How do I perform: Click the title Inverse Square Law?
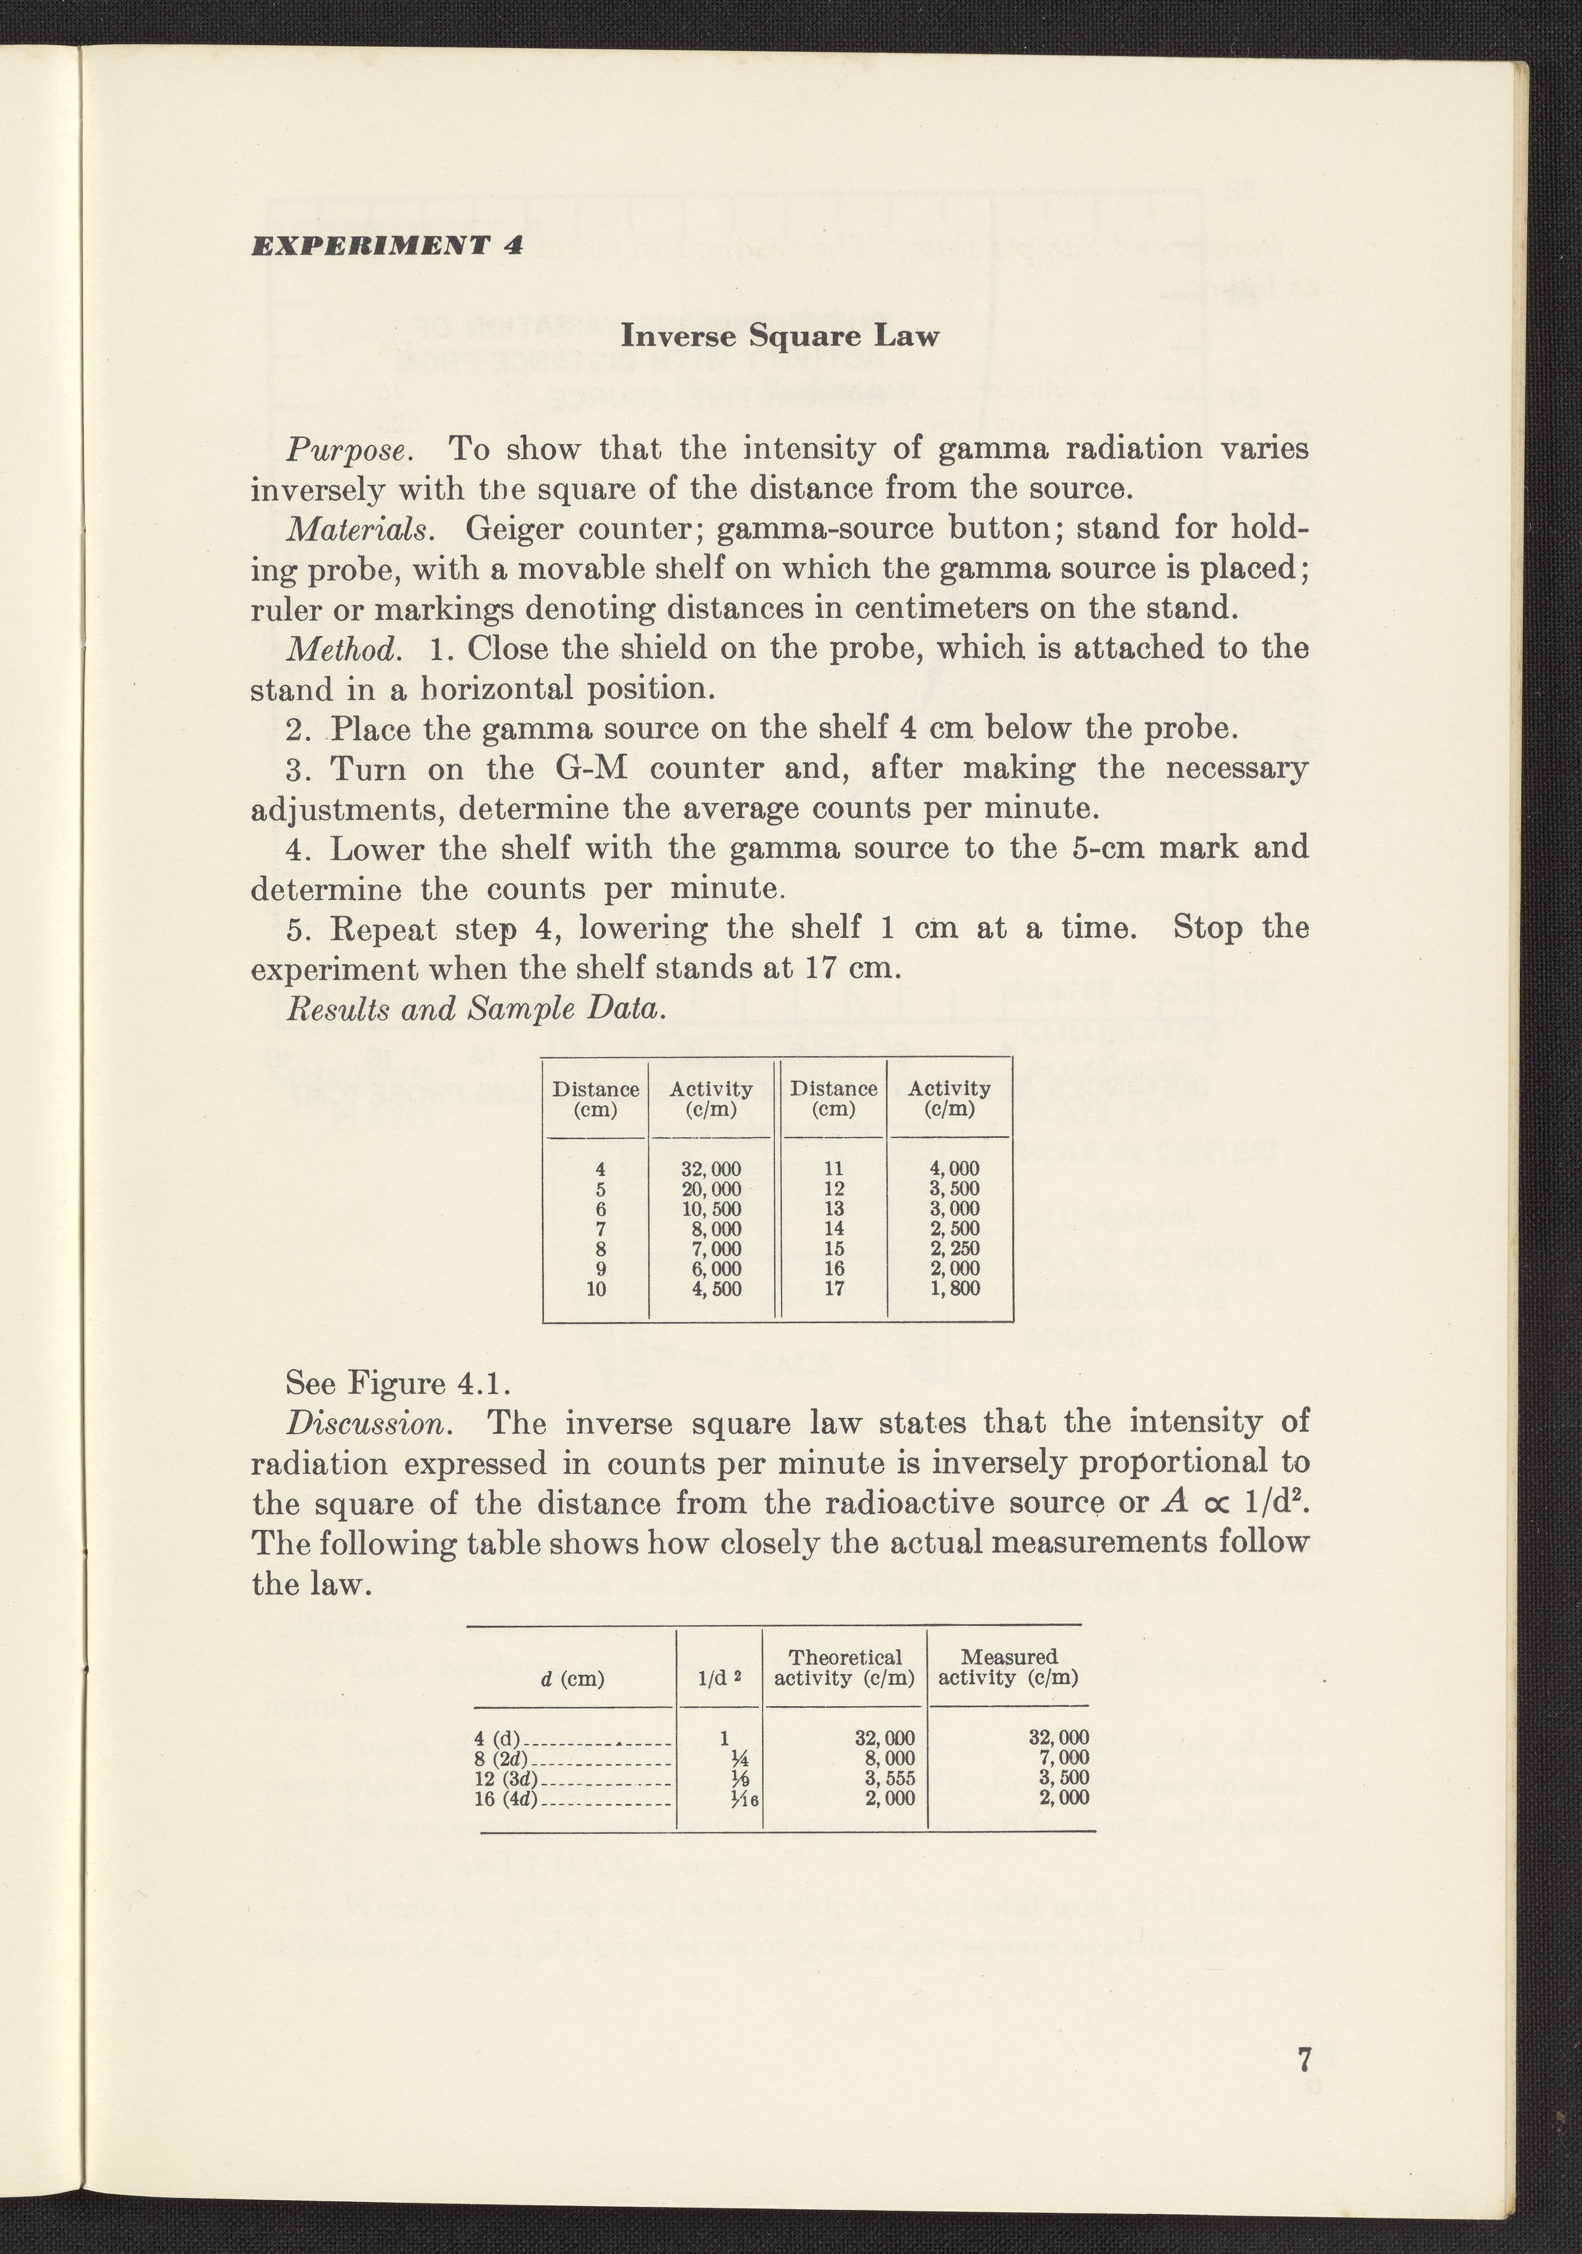coord(781,337)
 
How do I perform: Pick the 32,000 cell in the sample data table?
coord(711,1169)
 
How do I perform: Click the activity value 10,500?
coord(711,1209)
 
